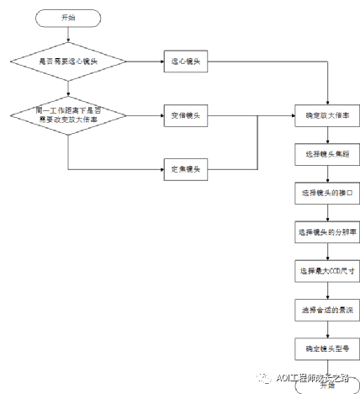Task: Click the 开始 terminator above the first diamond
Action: (x=67, y=17)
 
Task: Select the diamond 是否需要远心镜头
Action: (x=67, y=61)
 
